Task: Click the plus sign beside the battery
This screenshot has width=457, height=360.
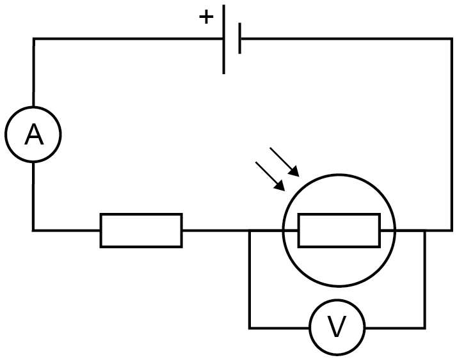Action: pyautogui.click(x=206, y=17)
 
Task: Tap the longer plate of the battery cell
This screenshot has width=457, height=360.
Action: pyautogui.click(x=223, y=39)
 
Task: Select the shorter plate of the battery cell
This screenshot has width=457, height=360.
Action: pyautogui.click(x=239, y=38)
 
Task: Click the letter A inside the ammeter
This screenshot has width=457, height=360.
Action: pyautogui.click(x=34, y=134)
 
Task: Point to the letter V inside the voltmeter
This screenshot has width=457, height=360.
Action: pyautogui.click(x=337, y=327)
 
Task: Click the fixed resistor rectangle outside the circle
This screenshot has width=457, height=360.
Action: pyautogui.click(x=141, y=230)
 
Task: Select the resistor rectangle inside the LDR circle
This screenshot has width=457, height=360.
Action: pyautogui.click(x=339, y=230)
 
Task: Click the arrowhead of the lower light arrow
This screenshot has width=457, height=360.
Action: pyautogui.click(x=280, y=186)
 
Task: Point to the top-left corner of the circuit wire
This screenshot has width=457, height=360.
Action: pyautogui.click(x=33, y=38)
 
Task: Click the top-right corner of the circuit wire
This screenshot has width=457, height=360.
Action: pyautogui.click(x=451, y=38)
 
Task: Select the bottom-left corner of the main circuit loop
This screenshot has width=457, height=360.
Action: pyautogui.click(x=33, y=230)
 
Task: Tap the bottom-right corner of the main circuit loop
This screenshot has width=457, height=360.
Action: pyautogui.click(x=451, y=230)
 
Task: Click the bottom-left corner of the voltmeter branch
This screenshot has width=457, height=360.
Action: pyautogui.click(x=250, y=328)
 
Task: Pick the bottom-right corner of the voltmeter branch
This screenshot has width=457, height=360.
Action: pyautogui.click(x=424, y=328)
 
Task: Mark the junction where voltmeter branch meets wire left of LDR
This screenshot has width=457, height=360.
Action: pyautogui.click(x=250, y=230)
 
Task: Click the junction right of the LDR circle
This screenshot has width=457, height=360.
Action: pyautogui.click(x=424, y=230)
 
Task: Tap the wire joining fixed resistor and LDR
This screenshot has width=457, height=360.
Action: pyautogui.click(x=232, y=230)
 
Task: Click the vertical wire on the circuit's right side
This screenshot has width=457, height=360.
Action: pyautogui.click(x=451, y=134)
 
